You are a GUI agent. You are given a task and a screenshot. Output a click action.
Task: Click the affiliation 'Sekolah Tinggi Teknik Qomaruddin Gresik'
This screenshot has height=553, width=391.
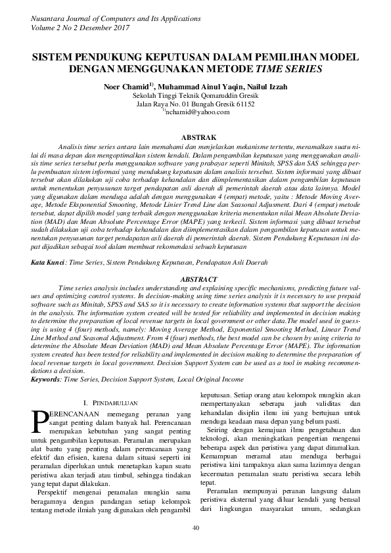point(195,95)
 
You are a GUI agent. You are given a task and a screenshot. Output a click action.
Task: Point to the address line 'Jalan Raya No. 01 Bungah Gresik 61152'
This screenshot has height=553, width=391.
point(195,103)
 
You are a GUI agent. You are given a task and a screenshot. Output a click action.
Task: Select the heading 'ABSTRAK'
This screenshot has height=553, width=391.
point(195,137)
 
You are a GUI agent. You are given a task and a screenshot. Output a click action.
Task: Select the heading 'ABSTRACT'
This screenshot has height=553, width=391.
point(195,279)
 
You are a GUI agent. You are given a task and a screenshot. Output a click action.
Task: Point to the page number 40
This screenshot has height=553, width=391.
point(195,528)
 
